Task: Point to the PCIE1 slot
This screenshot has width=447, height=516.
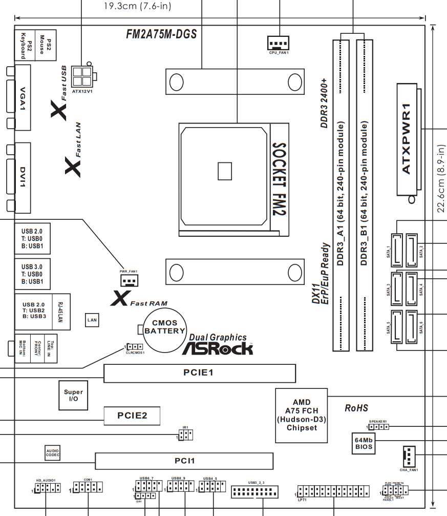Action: click(x=200, y=373)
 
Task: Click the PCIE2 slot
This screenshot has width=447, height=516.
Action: click(x=132, y=415)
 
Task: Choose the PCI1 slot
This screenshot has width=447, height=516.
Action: click(x=185, y=461)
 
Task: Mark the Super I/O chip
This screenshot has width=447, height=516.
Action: click(x=73, y=395)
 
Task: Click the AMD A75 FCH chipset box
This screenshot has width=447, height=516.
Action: click(x=302, y=415)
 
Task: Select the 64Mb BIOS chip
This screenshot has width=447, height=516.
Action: click(x=364, y=443)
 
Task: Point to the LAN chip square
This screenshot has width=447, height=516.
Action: click(x=92, y=320)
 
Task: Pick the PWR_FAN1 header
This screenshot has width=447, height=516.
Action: click(x=130, y=280)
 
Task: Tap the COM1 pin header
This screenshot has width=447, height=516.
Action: click(x=88, y=487)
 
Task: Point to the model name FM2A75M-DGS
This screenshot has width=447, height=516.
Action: click(x=161, y=34)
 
